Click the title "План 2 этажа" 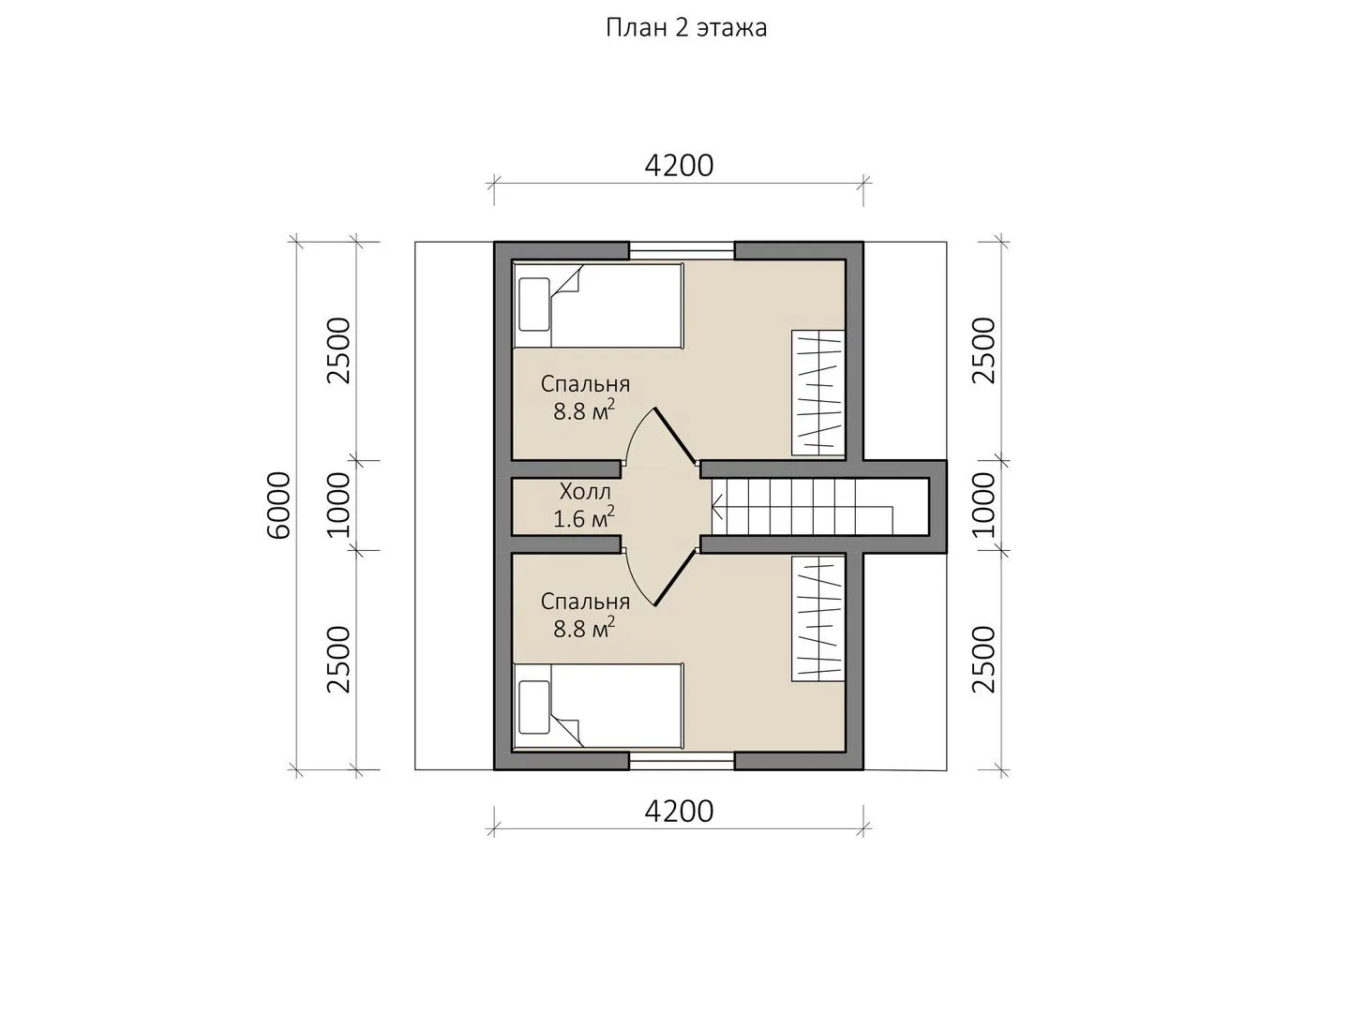click(x=686, y=28)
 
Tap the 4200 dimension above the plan click(x=679, y=165)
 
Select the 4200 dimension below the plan click(x=679, y=811)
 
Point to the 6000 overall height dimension click(x=278, y=506)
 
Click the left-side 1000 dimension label click(x=338, y=505)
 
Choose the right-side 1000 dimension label click(x=982, y=505)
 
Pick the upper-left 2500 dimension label click(x=338, y=350)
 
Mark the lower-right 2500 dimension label click(x=982, y=660)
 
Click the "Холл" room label click(x=586, y=492)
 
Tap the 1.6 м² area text click(x=584, y=518)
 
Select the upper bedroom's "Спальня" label click(x=586, y=384)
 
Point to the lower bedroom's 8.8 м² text click(x=584, y=628)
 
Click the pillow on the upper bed click(x=534, y=305)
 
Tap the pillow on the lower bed click(x=534, y=707)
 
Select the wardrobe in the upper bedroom click(x=818, y=394)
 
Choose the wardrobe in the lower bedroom click(x=818, y=618)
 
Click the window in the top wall click(x=682, y=251)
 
